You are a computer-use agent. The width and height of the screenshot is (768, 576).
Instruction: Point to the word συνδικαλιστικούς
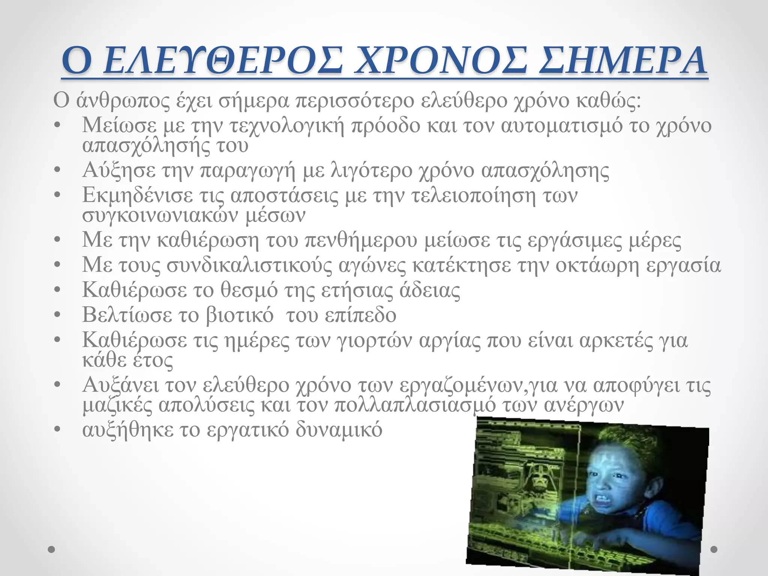point(249,265)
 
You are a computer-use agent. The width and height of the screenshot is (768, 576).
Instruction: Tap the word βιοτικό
point(240,315)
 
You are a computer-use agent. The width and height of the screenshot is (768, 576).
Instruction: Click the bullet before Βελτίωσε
point(57,315)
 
